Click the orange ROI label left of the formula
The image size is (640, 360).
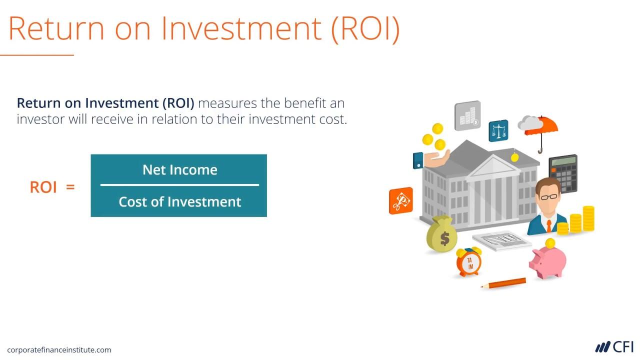(43, 187)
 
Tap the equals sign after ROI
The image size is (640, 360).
(70, 187)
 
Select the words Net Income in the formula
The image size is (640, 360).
(179, 170)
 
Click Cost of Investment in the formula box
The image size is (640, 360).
(179, 202)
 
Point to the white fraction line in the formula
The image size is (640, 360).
(179, 185)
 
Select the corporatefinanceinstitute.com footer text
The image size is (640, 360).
(59, 350)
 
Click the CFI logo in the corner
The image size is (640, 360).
(614, 347)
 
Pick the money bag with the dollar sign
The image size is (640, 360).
(442, 235)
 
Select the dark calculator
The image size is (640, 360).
(563, 172)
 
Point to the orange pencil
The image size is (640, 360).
(504, 283)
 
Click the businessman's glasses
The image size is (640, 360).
(548, 197)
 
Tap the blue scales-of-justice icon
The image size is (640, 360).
(498, 131)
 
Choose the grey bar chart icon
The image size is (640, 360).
(467, 116)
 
